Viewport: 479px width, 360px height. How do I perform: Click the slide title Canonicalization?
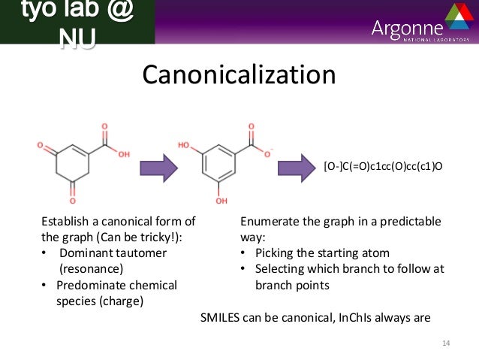pyautogui.click(x=239, y=76)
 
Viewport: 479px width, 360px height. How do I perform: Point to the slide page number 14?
pyautogui.click(x=445, y=343)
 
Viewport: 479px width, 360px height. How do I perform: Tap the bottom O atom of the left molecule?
pyautogui.click(x=73, y=202)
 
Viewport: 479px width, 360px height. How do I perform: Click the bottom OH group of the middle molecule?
pyautogui.click(x=221, y=202)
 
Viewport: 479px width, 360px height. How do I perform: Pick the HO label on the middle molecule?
pyautogui.click(x=185, y=143)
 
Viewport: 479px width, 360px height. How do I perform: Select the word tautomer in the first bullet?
pyautogui.click(x=145, y=253)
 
